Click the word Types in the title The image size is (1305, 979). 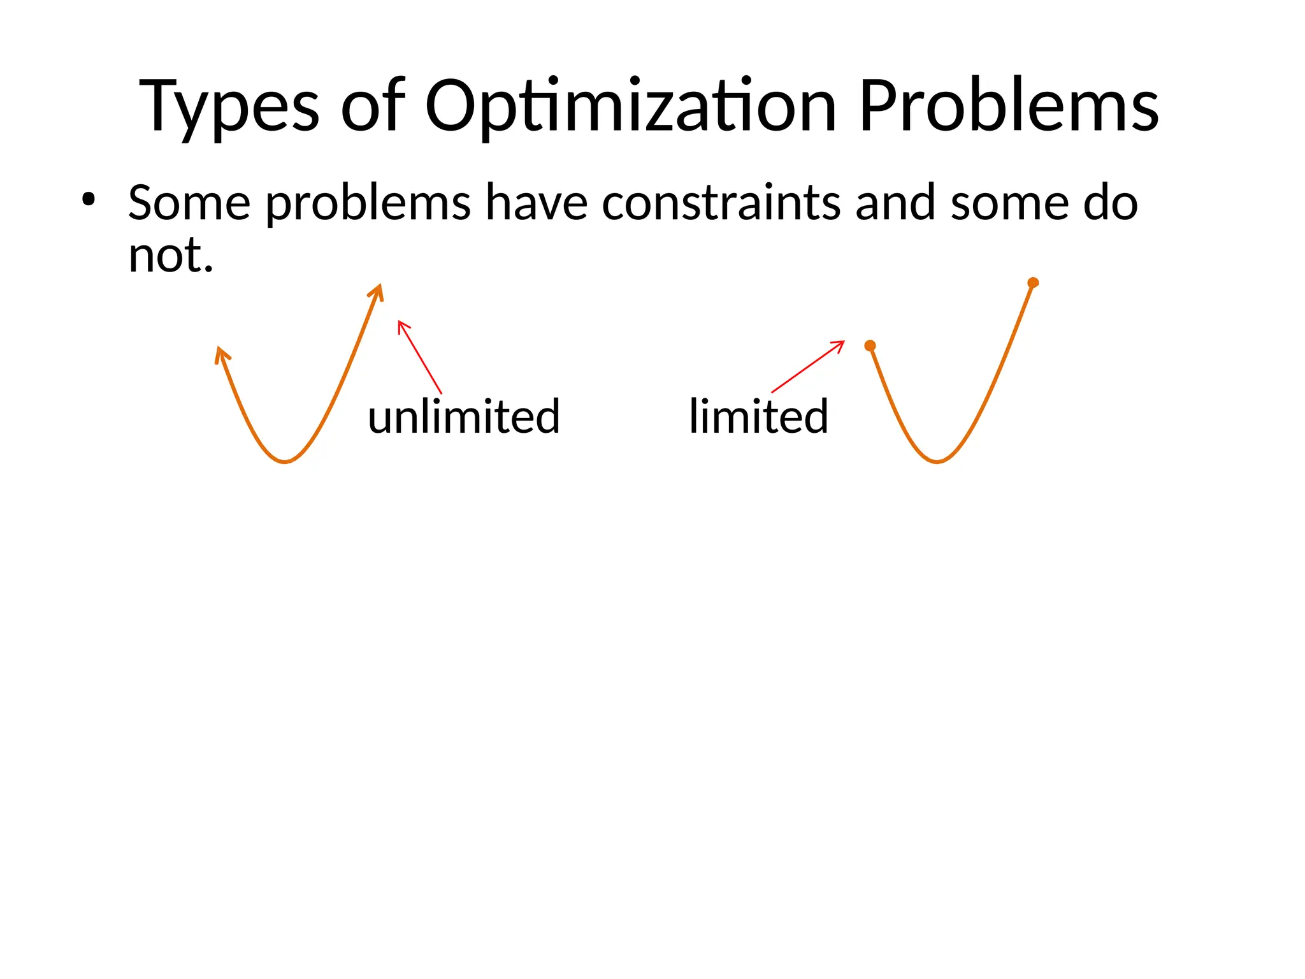pyautogui.click(x=229, y=107)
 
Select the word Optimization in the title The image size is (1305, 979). pyautogui.click(x=630, y=107)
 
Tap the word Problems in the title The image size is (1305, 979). pyautogui.click(x=1008, y=106)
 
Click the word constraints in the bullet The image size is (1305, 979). pyautogui.click(x=721, y=203)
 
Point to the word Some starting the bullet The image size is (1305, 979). pyautogui.click(x=189, y=203)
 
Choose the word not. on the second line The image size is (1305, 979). pyautogui.click(x=170, y=255)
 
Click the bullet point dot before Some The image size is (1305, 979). pyautogui.click(x=88, y=200)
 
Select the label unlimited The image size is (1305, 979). pyautogui.click(x=464, y=416)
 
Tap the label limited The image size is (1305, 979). pyautogui.click(x=758, y=416)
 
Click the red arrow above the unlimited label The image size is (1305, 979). pyautogui.click(x=419, y=356)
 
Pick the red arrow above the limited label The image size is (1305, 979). pyautogui.click(x=808, y=366)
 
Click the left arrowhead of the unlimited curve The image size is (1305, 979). pyautogui.click(x=220, y=353)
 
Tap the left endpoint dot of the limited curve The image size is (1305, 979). pyautogui.click(x=870, y=345)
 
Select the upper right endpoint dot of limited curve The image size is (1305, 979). pyautogui.click(x=1033, y=282)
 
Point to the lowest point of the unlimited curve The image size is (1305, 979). pyautogui.click(x=285, y=461)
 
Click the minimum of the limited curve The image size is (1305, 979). pyautogui.click(x=937, y=461)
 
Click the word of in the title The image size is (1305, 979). pyautogui.click(x=373, y=107)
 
